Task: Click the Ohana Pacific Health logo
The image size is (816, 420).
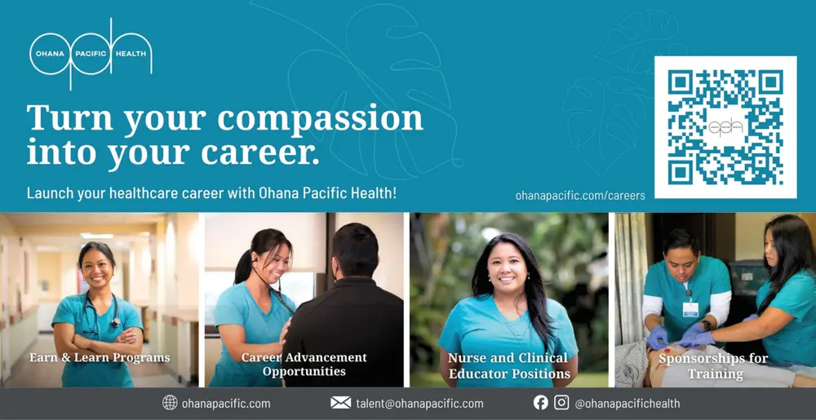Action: click(x=90, y=53)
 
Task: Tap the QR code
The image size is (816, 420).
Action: click(x=725, y=127)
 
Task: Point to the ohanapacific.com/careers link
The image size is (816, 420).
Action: click(x=580, y=196)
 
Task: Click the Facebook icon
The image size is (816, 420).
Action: click(x=540, y=403)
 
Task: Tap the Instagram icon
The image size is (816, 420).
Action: click(x=561, y=403)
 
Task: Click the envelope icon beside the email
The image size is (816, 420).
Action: click(x=340, y=403)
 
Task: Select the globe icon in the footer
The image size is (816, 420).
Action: click(x=170, y=403)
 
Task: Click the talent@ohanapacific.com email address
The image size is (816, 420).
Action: click(x=419, y=404)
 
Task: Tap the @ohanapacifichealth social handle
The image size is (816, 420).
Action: click(x=627, y=404)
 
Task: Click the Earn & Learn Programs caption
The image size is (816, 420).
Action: click(x=100, y=358)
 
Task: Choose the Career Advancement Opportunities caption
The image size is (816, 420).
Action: click(x=304, y=365)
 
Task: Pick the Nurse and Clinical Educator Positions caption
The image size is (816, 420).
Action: click(x=509, y=366)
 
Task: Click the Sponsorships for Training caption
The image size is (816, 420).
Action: click(x=714, y=366)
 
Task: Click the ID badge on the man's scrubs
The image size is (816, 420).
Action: click(x=690, y=308)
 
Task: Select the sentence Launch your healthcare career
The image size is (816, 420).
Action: click(x=212, y=194)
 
